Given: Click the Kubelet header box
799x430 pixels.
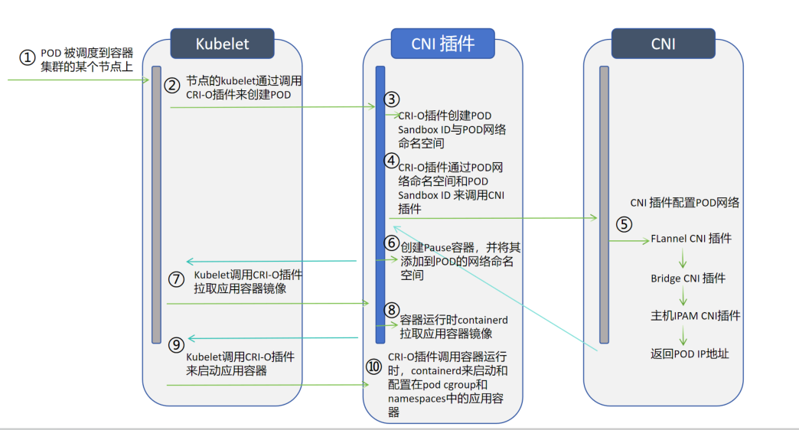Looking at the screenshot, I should (x=222, y=44).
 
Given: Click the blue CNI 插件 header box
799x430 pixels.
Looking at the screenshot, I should (x=442, y=44).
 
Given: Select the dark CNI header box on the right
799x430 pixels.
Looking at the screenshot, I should (x=663, y=44).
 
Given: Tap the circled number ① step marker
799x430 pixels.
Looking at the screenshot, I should (x=28, y=58).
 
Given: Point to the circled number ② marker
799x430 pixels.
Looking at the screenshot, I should (x=172, y=85).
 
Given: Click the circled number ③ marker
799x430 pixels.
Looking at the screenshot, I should (x=392, y=99).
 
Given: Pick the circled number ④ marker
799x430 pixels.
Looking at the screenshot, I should (x=392, y=161).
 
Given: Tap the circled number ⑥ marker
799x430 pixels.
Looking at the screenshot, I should (x=392, y=243).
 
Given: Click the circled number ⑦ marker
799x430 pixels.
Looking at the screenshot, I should (x=176, y=279).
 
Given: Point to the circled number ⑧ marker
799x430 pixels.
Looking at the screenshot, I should (x=392, y=310).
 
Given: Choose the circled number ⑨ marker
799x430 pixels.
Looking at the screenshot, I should (x=176, y=344).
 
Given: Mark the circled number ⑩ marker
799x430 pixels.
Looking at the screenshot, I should (x=374, y=366).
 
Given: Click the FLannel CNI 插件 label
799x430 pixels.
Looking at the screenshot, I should (x=691, y=238).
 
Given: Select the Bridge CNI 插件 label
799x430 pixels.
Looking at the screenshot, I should (x=688, y=278).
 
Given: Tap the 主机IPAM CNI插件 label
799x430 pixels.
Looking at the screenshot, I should (x=696, y=314).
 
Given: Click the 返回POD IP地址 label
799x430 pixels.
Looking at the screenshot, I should (x=690, y=353).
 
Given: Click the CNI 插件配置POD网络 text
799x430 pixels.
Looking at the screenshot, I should (x=685, y=203).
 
